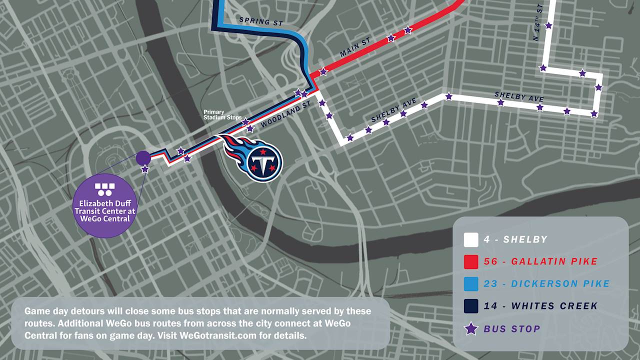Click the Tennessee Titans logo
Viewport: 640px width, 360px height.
pyautogui.click(x=255, y=157)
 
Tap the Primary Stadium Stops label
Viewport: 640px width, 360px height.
pyautogui.click(x=222, y=115)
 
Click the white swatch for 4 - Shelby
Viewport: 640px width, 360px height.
pyautogui.click(x=471, y=240)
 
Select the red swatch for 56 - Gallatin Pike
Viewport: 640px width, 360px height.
pyautogui.click(x=471, y=262)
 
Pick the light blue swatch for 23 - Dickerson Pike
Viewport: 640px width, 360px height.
pyautogui.click(x=471, y=284)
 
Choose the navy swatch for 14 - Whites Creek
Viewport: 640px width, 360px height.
pyautogui.click(x=471, y=306)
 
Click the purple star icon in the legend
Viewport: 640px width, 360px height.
pyautogui.click(x=471, y=328)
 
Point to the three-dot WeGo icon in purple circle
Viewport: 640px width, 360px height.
pyautogui.click(x=104, y=189)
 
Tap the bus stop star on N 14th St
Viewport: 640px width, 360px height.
pyautogui.click(x=548, y=25)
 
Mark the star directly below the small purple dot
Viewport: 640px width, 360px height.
pyautogui.click(x=145, y=169)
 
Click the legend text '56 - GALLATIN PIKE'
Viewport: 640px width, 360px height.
pyautogui.click(x=540, y=261)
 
